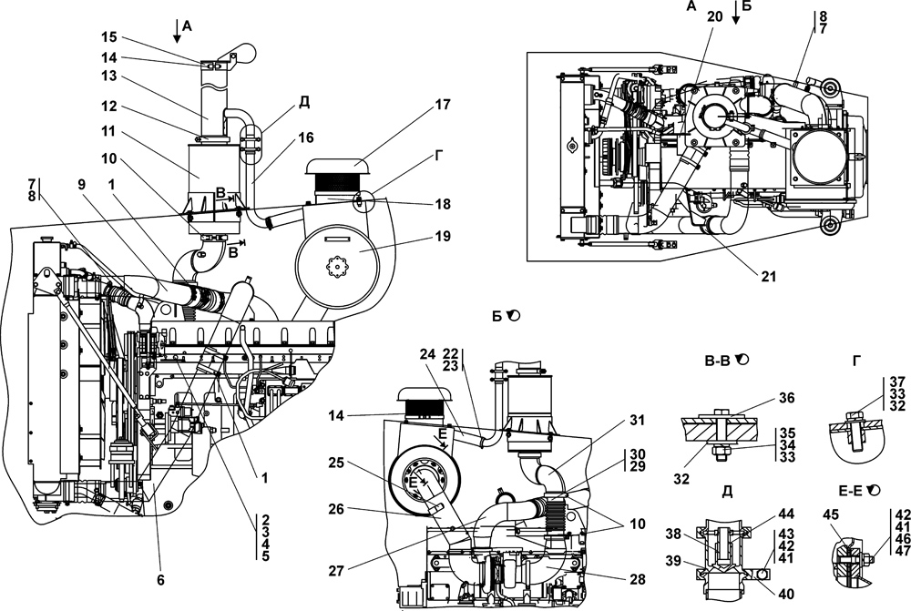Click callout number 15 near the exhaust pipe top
point(108,37)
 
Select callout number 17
point(443,105)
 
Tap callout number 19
point(443,237)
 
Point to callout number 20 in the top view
point(714,16)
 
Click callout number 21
point(769,277)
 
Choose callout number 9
point(81,184)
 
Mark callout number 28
point(638,579)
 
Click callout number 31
point(638,420)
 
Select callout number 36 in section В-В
point(787,398)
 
